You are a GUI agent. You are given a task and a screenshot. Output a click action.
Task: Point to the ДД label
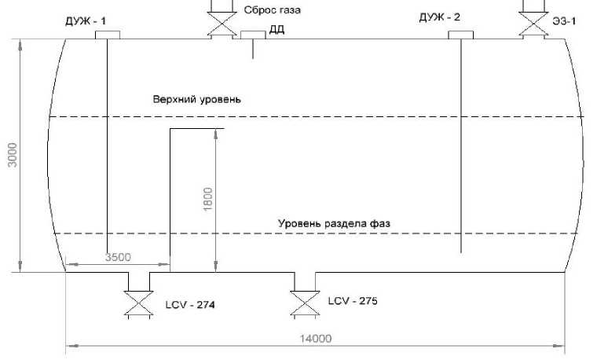(277, 31)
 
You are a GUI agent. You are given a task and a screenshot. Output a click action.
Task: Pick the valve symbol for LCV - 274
(138, 303)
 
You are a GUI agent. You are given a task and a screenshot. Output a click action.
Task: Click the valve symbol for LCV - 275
(303, 303)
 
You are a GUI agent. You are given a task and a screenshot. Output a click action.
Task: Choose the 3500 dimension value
(117, 257)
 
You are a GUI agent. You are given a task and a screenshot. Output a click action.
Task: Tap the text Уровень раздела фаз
(333, 223)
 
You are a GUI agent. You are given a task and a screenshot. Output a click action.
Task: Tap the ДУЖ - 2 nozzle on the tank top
(460, 35)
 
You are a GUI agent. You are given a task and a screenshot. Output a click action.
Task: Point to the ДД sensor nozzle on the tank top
(253, 35)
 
